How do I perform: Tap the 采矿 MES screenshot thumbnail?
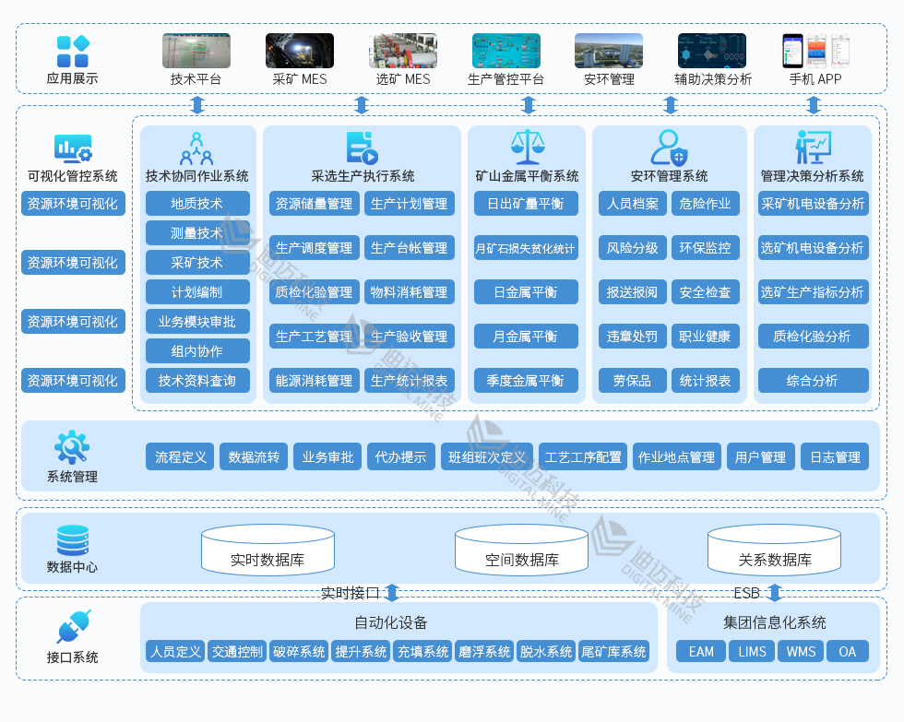pyautogui.click(x=299, y=51)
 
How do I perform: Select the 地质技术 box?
pyautogui.click(x=197, y=204)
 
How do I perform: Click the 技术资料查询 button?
pyautogui.click(x=197, y=380)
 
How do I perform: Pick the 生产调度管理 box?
pyautogui.click(x=314, y=248)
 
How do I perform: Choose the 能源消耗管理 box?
pyautogui.click(x=314, y=380)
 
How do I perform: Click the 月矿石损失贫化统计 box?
pyautogui.click(x=525, y=248)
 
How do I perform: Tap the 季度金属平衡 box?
pyautogui.click(x=525, y=380)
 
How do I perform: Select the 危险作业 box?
pyautogui.click(x=705, y=204)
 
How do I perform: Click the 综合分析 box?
pyautogui.click(x=813, y=380)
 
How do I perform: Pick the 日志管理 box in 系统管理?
pyautogui.click(x=835, y=456)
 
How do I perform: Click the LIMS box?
pyautogui.click(x=752, y=651)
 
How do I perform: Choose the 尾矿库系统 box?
pyautogui.click(x=613, y=651)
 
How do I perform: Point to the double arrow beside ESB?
pyautogui.click(x=775, y=592)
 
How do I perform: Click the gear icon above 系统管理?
pyautogui.click(x=72, y=447)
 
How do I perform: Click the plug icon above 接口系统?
pyautogui.click(x=72, y=627)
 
